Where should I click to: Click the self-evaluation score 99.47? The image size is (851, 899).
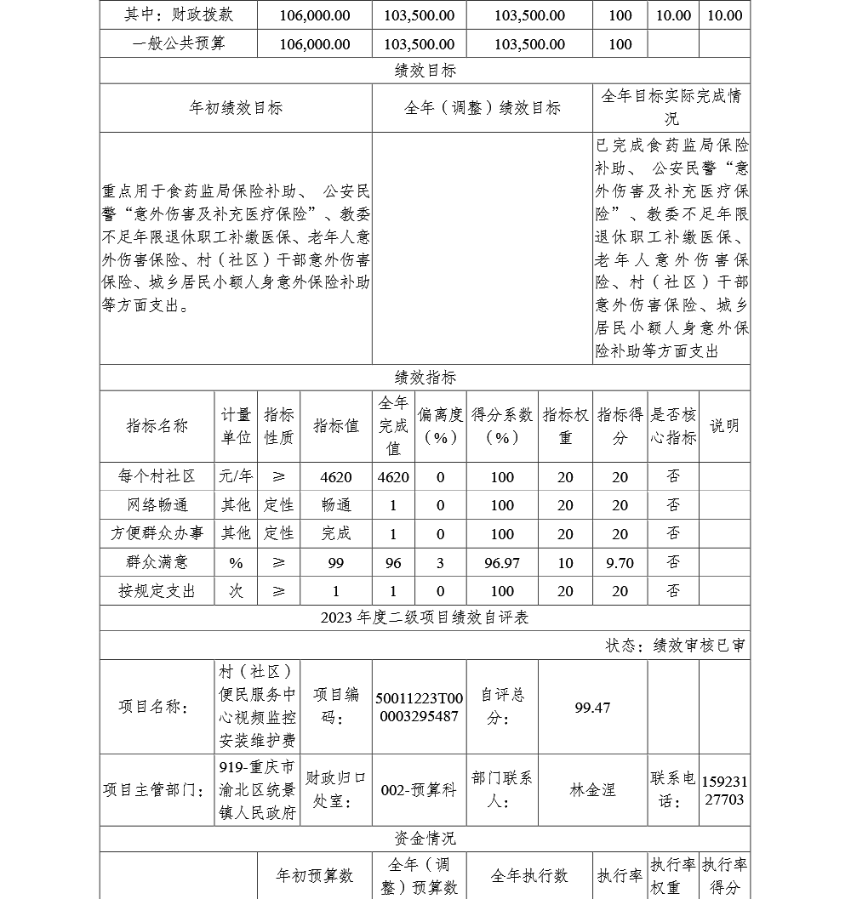(x=592, y=707)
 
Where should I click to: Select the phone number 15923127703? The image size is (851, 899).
(x=724, y=790)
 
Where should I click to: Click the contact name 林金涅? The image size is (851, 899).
(x=592, y=790)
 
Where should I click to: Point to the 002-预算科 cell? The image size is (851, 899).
(x=419, y=790)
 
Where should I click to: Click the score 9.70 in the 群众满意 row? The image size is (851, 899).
(x=620, y=562)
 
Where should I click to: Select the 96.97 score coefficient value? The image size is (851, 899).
(x=502, y=562)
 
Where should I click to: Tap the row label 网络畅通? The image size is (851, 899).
(x=157, y=505)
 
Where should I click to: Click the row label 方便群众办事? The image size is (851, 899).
(x=157, y=534)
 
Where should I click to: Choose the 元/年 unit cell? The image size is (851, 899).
(x=237, y=477)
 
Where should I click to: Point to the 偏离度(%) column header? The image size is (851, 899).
(x=440, y=426)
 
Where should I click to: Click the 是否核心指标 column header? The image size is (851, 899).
(x=673, y=426)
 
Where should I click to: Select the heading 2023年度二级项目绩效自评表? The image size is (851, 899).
(x=425, y=618)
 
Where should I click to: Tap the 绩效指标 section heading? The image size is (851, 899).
(x=425, y=378)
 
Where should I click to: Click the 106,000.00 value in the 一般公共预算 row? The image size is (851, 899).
(x=315, y=43)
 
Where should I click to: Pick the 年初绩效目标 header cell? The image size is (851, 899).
(x=236, y=108)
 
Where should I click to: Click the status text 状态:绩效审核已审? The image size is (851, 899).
(x=675, y=646)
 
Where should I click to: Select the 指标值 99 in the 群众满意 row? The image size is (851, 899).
(x=336, y=562)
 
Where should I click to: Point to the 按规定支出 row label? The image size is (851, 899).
(x=157, y=591)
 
